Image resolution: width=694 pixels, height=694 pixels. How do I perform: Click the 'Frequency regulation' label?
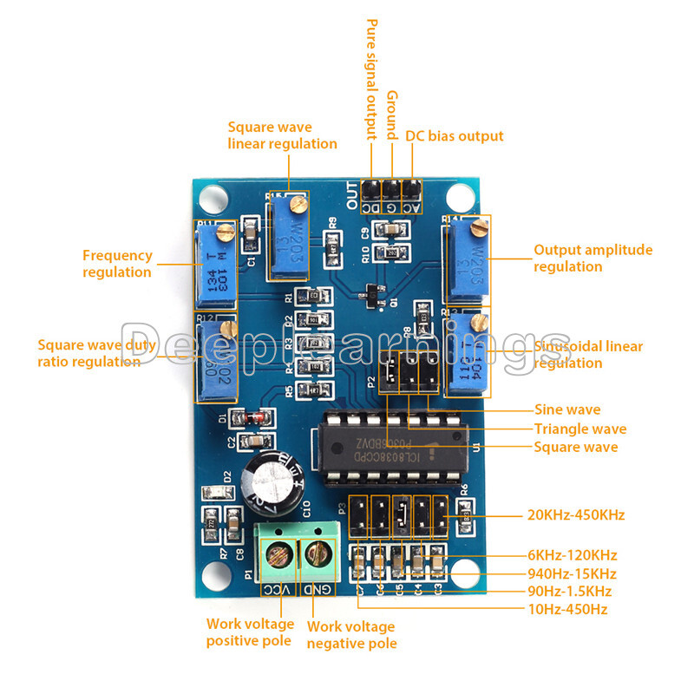coord(117,264)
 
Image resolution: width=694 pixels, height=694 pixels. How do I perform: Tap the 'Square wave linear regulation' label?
coord(282,135)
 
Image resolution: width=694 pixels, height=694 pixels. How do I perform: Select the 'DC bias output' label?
coord(454,136)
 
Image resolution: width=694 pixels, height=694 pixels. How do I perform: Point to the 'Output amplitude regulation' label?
coord(593,258)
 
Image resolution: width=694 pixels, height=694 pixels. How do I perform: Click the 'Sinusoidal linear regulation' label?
coord(588,354)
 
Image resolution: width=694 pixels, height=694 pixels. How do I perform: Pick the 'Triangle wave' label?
coord(579,429)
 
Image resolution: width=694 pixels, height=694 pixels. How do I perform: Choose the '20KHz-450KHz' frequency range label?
coord(576,515)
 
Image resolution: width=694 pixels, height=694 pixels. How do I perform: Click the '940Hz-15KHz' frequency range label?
coord(572,573)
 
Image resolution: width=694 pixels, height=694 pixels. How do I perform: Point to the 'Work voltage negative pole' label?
coord(350,634)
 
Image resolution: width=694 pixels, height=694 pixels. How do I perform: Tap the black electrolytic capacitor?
coord(273,481)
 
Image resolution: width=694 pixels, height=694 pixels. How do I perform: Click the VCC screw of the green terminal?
coord(279,553)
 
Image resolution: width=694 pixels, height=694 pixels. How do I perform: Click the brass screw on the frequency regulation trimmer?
coord(226,232)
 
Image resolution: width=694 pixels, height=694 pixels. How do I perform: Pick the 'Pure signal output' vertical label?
coord(371,80)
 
